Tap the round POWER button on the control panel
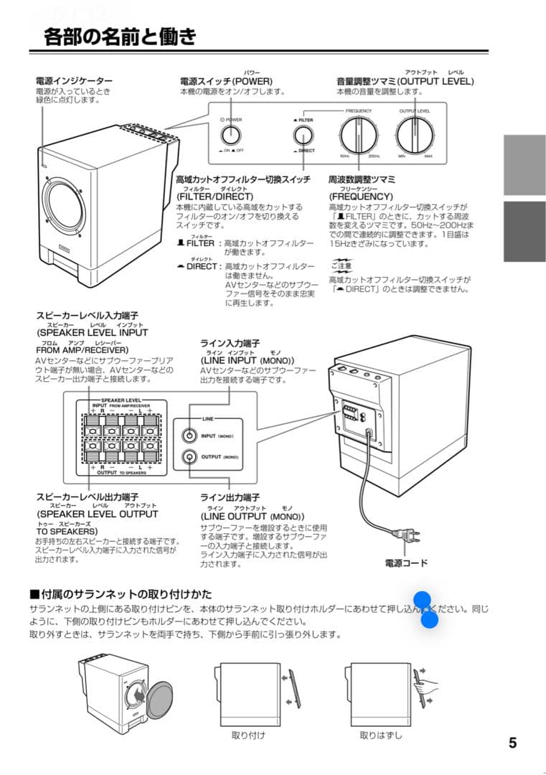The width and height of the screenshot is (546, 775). (231, 135)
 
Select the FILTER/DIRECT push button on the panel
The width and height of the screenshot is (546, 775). (303, 136)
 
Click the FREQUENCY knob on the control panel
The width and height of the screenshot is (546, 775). (357, 134)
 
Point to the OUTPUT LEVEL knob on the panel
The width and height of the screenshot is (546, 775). (414, 134)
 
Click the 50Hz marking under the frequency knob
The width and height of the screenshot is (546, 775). (344, 156)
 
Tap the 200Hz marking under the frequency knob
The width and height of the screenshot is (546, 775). (373, 156)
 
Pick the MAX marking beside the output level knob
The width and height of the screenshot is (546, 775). (428, 156)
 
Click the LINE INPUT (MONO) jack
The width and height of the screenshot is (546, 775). (189, 436)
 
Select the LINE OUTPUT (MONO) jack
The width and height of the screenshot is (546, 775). (189, 456)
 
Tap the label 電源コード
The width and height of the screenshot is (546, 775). (406, 563)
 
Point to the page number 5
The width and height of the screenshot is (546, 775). (512, 743)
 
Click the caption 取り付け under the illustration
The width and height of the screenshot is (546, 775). (248, 735)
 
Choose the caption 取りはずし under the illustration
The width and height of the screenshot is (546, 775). (380, 735)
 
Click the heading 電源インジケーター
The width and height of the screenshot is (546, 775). (74, 82)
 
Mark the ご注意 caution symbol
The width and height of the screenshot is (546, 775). (341, 266)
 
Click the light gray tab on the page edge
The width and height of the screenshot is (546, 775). (524, 165)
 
